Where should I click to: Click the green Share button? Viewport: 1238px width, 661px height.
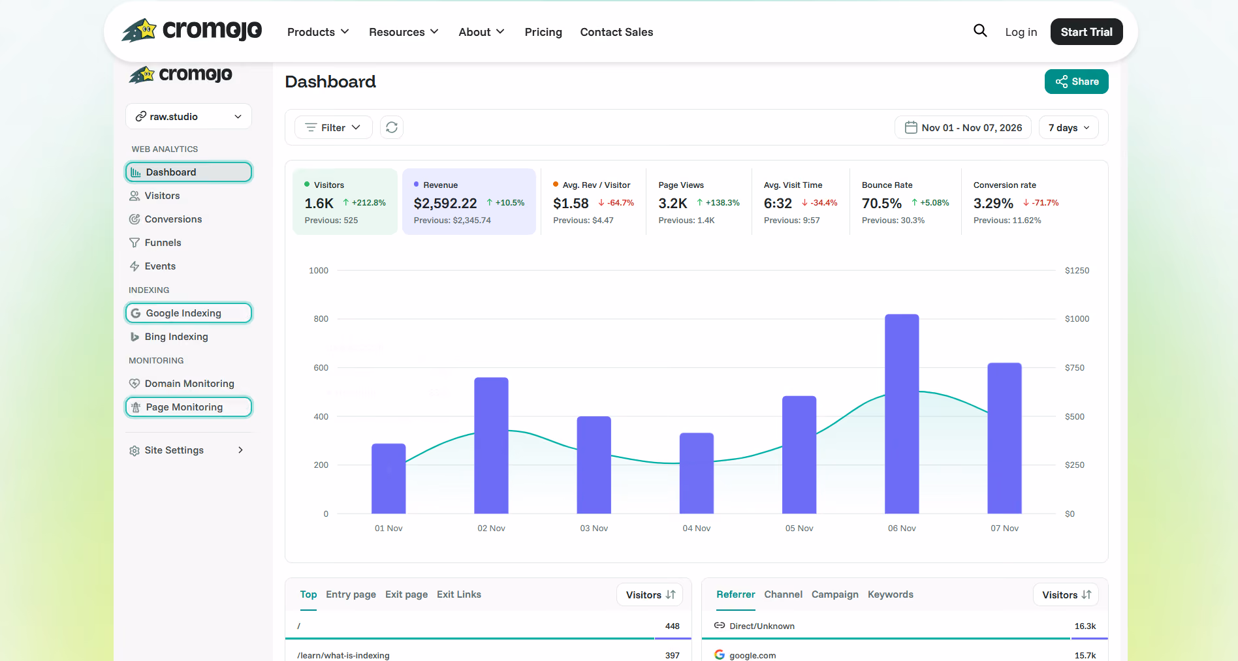coord(1076,82)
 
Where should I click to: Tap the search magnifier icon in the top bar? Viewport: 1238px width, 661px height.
coord(980,31)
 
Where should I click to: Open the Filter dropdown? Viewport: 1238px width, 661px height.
coord(333,127)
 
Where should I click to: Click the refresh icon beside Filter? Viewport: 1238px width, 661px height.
coord(392,127)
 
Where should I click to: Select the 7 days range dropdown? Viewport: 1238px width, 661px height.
coord(1069,127)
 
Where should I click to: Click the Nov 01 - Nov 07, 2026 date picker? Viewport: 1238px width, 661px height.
coord(963,127)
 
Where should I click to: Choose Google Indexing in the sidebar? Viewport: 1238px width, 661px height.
coord(189,313)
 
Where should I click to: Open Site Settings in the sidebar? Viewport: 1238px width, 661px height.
coord(187,450)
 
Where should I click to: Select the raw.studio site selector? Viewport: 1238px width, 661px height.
coord(189,116)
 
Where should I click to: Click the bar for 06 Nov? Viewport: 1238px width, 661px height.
coord(902,414)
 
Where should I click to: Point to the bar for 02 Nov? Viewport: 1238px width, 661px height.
coord(491,446)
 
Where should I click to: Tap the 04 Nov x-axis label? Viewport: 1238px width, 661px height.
coord(697,529)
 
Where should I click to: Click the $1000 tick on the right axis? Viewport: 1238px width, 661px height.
coord(1077,319)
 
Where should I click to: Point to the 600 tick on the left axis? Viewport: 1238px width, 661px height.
coord(321,368)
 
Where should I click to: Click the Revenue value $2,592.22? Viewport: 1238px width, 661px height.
coord(445,204)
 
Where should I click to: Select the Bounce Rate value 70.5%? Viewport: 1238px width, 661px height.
coord(881,204)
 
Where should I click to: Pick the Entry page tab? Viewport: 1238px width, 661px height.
coord(351,594)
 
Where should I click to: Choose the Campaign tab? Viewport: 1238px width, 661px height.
coord(835,594)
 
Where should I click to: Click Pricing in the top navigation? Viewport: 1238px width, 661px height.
coord(543,32)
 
